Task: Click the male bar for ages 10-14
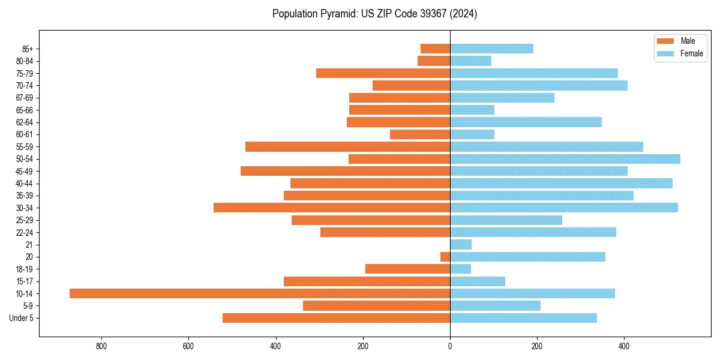coord(260,293)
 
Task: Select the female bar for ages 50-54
coord(565,159)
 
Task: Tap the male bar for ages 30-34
coord(332,208)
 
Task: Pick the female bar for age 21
coord(461,244)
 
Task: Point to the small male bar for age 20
coord(445,257)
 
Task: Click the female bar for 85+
coord(491,49)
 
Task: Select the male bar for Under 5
coord(336,318)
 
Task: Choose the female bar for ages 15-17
coord(478,281)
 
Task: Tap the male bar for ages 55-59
coord(347,146)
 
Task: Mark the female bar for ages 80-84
coord(470,61)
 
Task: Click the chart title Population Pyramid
coord(374,14)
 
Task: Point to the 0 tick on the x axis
coord(450,346)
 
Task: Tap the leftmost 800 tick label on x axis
coord(101,346)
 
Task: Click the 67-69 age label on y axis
coord(24,98)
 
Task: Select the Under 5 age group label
coord(21,318)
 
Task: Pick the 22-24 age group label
coord(24,232)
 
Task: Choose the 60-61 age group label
coord(24,134)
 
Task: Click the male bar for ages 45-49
coord(345,171)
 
